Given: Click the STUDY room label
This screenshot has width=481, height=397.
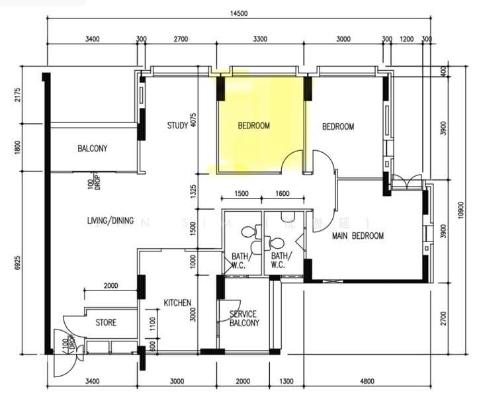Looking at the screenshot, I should coord(177,125).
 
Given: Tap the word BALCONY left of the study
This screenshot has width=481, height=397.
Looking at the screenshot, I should coord(92,149).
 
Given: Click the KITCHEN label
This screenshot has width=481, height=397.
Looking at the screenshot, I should coord(177,303).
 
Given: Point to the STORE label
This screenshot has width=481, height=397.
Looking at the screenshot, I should coord(106,323).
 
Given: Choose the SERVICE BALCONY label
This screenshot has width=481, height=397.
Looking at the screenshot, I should coord(243,318).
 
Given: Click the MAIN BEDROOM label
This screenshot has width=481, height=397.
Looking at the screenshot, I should coord(358,236).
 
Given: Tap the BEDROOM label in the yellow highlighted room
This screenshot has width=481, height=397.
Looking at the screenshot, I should coord(254,126).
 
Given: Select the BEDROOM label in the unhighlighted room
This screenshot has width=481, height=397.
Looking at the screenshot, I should coord(338,126).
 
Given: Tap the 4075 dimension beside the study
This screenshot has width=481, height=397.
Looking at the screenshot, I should coord(193,120).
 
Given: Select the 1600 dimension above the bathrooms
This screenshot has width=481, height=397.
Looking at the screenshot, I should coord(282,194).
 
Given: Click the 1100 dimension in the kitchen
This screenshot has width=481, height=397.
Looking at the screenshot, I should coord(152,324).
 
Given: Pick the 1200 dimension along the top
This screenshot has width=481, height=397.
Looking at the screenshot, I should coord(406,39).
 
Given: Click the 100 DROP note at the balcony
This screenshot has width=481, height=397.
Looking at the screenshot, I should coord(93,183).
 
